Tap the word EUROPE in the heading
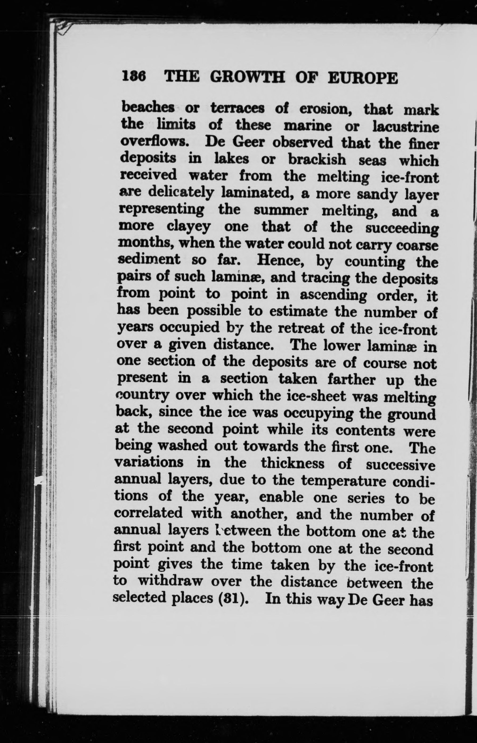tap(362, 78)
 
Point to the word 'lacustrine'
tap(406, 127)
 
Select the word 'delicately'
tap(181, 193)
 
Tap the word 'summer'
tap(281, 210)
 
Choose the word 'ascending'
tap(333, 295)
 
